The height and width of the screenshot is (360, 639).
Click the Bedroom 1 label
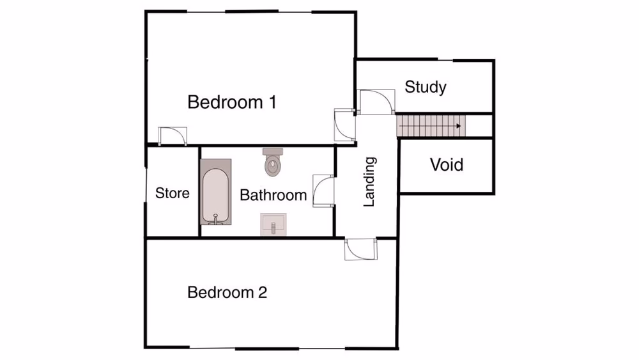(232, 102)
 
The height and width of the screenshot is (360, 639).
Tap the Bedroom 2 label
(227, 293)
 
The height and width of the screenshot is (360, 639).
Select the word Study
(426, 87)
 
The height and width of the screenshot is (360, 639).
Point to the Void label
(446, 165)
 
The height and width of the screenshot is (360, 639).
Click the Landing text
(369, 182)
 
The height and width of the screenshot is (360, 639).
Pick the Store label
(173, 193)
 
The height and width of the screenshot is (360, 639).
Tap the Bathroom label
(273, 195)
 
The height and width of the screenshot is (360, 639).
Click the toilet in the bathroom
(273, 163)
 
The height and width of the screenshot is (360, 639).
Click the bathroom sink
(273, 225)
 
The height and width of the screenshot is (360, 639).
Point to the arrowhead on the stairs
(459, 126)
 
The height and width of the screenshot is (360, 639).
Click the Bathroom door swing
(323, 191)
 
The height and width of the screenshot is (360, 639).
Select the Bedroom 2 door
(362, 249)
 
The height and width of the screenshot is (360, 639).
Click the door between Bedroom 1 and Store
(172, 136)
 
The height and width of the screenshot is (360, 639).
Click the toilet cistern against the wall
(273, 152)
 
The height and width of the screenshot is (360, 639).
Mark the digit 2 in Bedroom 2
(262, 293)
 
